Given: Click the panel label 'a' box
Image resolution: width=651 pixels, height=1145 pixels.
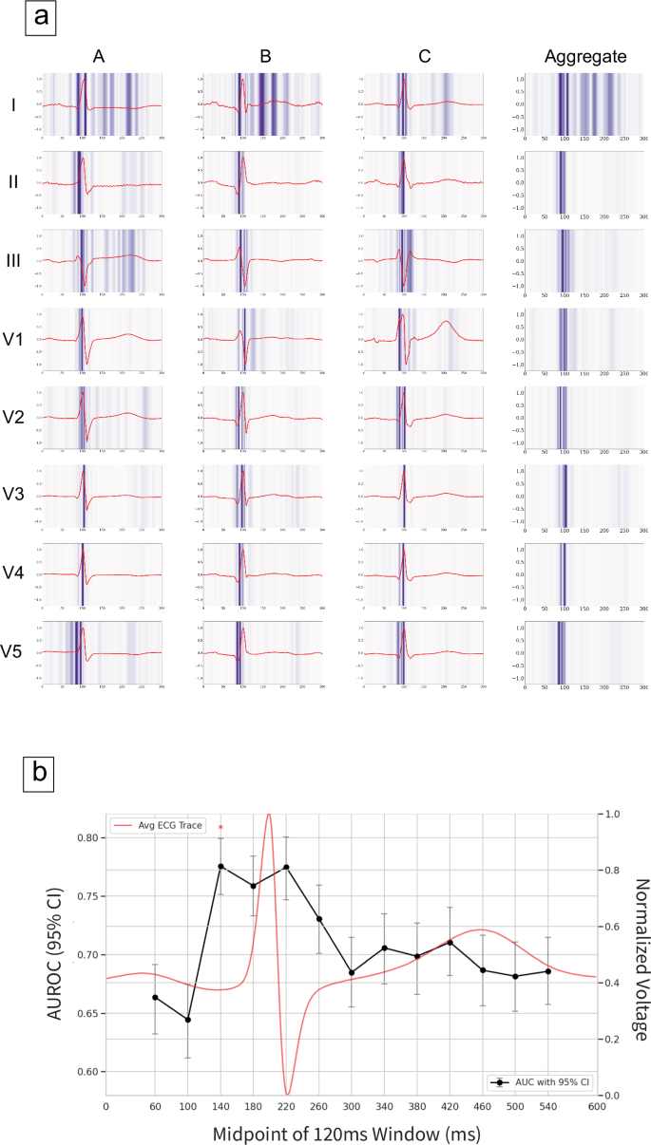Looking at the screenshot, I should click(x=40, y=17).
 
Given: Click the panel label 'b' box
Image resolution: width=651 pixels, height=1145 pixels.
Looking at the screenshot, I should click(x=39, y=773).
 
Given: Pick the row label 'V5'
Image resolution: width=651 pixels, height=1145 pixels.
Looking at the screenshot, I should click(x=13, y=651).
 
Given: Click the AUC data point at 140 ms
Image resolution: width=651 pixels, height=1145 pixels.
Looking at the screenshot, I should click(x=220, y=866).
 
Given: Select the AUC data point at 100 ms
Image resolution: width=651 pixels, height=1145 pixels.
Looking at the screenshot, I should click(x=188, y=1020).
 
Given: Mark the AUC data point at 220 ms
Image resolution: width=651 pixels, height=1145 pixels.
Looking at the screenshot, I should click(x=286, y=867).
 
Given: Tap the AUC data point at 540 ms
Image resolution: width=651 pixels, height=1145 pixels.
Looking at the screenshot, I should click(x=548, y=970).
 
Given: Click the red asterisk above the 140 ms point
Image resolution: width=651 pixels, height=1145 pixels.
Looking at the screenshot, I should click(x=220, y=828).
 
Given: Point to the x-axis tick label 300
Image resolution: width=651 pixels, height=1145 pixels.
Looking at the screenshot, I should click(x=352, y=1107).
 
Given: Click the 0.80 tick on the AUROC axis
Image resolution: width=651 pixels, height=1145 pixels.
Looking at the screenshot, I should click(x=86, y=838).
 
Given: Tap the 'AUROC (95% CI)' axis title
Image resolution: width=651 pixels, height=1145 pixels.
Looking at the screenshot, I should click(x=57, y=953).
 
